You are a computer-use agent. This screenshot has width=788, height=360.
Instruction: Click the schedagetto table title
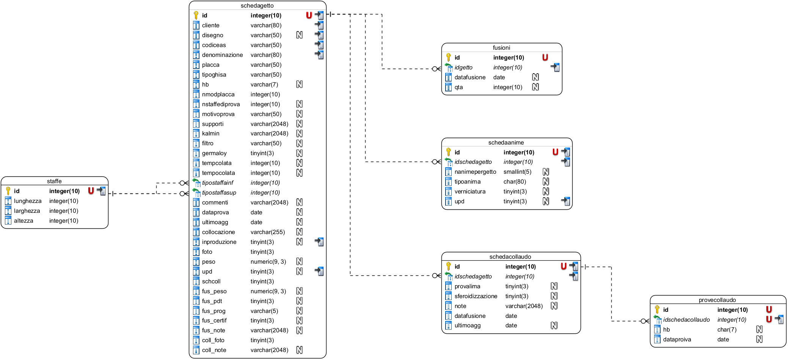coord(257,6)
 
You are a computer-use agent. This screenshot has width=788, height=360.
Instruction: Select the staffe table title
coord(54,181)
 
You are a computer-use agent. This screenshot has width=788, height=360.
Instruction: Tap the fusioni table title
coord(501,48)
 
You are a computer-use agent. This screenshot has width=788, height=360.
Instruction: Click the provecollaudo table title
coord(717,300)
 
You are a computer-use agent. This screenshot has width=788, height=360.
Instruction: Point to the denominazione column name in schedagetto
coord(222,55)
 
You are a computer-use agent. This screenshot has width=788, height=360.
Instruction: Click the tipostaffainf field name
coord(218,183)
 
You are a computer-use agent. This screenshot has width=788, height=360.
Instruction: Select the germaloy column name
coord(214,153)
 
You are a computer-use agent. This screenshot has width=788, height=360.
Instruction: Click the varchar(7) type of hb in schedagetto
coord(264,85)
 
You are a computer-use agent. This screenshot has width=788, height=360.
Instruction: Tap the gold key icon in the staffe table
coord(8,191)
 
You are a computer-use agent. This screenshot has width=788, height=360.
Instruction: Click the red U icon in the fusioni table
coord(545,57)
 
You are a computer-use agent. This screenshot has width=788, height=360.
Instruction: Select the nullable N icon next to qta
coord(535,87)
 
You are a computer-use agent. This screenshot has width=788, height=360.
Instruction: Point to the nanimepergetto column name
coord(475,172)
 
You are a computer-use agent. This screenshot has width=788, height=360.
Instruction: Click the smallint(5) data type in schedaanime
coord(517,172)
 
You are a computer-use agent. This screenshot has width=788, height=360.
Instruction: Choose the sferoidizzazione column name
coord(476,296)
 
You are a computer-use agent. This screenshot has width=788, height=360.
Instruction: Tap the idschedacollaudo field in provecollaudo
coord(686,320)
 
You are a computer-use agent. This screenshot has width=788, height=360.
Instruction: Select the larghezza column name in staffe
coord(27,211)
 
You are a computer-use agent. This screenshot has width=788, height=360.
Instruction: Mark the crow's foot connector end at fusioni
coord(437,69)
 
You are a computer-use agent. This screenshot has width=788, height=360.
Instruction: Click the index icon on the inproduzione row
coord(319,242)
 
